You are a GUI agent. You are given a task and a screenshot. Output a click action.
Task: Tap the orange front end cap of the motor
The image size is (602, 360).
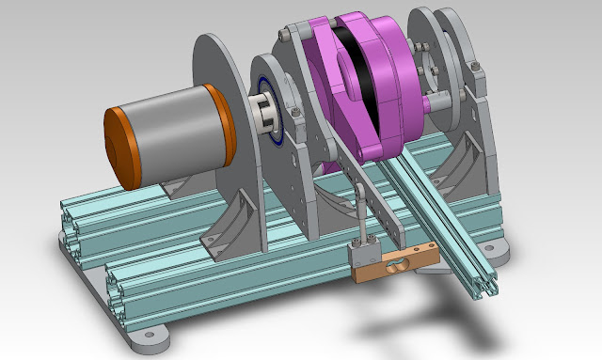(x=118, y=146)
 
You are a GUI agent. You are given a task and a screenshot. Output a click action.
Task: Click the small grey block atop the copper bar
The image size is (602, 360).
(x=362, y=251)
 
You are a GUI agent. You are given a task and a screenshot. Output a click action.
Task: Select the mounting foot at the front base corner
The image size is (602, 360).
(x=146, y=334)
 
